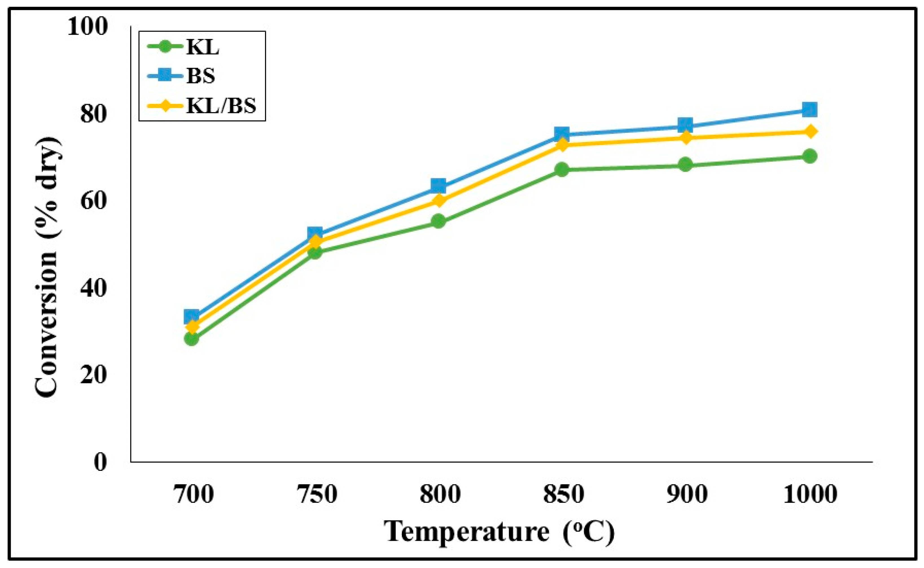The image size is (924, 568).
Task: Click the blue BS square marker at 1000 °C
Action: click(x=809, y=110)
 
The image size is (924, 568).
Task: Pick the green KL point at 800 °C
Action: click(x=438, y=221)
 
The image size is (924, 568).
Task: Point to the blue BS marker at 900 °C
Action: click(x=685, y=125)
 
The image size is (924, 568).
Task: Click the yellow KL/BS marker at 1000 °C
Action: click(x=809, y=132)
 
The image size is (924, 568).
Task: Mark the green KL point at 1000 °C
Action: click(x=809, y=156)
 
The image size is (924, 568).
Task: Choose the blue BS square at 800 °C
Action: click(x=438, y=186)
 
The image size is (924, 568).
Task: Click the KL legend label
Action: click(x=203, y=48)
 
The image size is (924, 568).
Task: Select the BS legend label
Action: click(x=201, y=76)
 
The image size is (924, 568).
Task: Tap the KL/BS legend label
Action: click(x=222, y=106)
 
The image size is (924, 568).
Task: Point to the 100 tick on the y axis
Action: click(x=87, y=27)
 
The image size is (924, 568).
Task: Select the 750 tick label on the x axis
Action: click(x=317, y=494)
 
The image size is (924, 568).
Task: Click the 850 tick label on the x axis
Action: click(x=563, y=494)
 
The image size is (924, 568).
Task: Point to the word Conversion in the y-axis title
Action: click(x=47, y=323)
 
